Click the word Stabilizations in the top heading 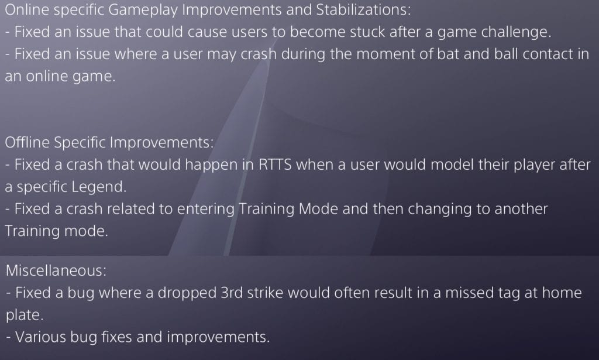363,9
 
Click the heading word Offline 27,142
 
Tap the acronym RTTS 275,164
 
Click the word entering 205,210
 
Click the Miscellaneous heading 56,270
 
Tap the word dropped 187,293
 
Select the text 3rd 232,292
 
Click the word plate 25,316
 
